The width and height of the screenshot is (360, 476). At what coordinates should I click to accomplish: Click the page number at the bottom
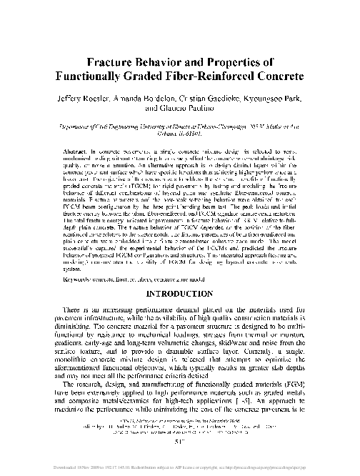(x=179, y=460)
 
